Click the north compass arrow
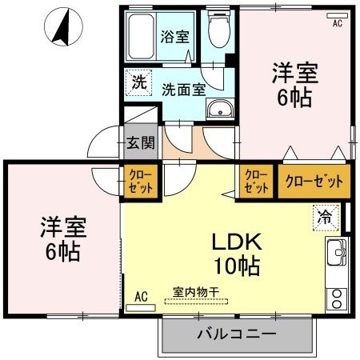tap(61, 27)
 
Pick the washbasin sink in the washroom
tap(218, 110)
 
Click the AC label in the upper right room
tap(337, 23)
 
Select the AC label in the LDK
tap(141, 296)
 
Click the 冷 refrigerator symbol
tap(325, 215)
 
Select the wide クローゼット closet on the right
tap(313, 182)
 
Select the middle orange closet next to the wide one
tap(256, 182)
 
